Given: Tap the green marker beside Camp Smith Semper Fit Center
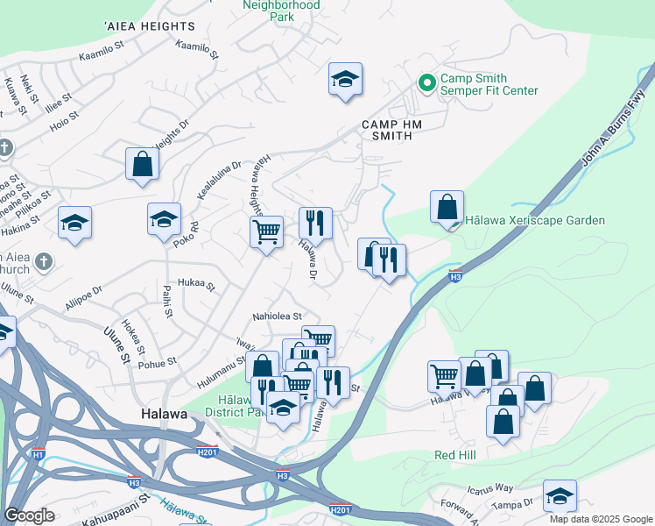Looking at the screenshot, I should coord(427,84).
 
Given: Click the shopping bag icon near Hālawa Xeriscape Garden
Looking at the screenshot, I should coord(447,208).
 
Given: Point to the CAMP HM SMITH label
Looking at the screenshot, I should coord(392,131).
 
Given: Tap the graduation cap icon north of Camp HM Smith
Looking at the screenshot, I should coord(346,80).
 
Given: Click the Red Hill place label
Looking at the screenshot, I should coord(454,455).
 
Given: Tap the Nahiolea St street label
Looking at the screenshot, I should coord(277,316).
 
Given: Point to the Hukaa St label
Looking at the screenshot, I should coord(196,284).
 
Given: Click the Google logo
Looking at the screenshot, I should coord(29,515).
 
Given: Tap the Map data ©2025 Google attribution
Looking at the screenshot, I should coord(600,519).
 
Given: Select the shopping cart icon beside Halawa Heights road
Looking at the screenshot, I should coord(266,232).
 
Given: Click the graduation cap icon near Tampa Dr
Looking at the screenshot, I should coord(560,496).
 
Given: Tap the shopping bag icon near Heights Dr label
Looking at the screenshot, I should coord(142,164).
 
